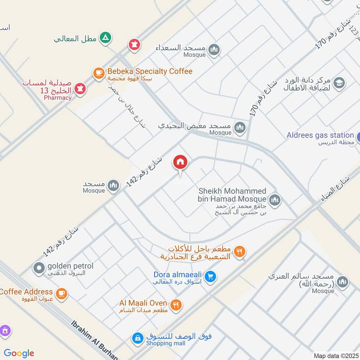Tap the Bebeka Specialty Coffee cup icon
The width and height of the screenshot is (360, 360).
tap(99, 72)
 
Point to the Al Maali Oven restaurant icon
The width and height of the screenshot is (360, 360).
tap(176, 305)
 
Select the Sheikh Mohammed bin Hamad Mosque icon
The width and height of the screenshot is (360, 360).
tap(275, 200)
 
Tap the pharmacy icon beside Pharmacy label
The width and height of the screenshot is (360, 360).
tap(81, 89)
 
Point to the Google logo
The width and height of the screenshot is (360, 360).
tap(19, 353)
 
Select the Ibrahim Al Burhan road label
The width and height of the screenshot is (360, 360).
tap(94, 340)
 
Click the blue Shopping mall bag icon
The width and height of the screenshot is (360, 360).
tap(137, 338)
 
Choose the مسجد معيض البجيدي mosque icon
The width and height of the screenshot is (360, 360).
tap(240, 127)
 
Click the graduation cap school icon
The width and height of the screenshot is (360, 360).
tap(339, 83)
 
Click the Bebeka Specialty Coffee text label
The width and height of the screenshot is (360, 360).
tap(149, 72)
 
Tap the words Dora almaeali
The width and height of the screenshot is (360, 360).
tap(177, 274)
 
